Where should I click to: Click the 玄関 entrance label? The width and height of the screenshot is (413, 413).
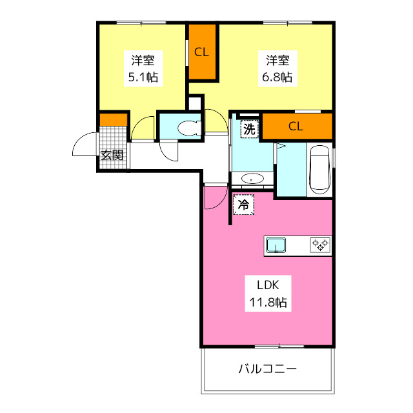point(112,155)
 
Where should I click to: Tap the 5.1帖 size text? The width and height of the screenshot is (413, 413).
point(142,77)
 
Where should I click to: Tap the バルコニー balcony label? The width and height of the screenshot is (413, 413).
point(267,370)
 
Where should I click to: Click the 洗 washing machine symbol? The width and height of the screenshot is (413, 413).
point(249,128)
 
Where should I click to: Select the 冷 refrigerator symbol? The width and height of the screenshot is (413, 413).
point(243,205)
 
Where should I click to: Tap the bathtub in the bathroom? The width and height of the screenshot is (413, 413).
point(319,169)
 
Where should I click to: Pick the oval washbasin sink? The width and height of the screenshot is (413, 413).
point(250,178)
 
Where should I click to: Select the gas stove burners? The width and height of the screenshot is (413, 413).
point(320,245)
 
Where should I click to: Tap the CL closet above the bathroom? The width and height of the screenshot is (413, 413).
point(296,126)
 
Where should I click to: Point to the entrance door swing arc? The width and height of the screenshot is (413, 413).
point(83,146)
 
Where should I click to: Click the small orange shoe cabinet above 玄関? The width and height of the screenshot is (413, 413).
point(113,119)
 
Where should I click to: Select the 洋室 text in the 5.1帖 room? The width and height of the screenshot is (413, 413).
point(142,61)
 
